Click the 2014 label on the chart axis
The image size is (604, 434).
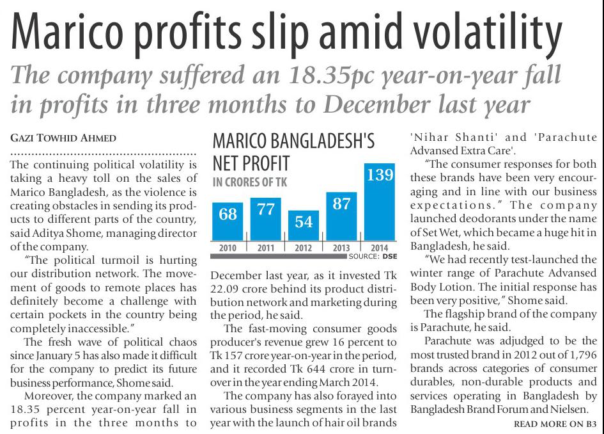(379, 247)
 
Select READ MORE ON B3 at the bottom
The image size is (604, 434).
(555, 424)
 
